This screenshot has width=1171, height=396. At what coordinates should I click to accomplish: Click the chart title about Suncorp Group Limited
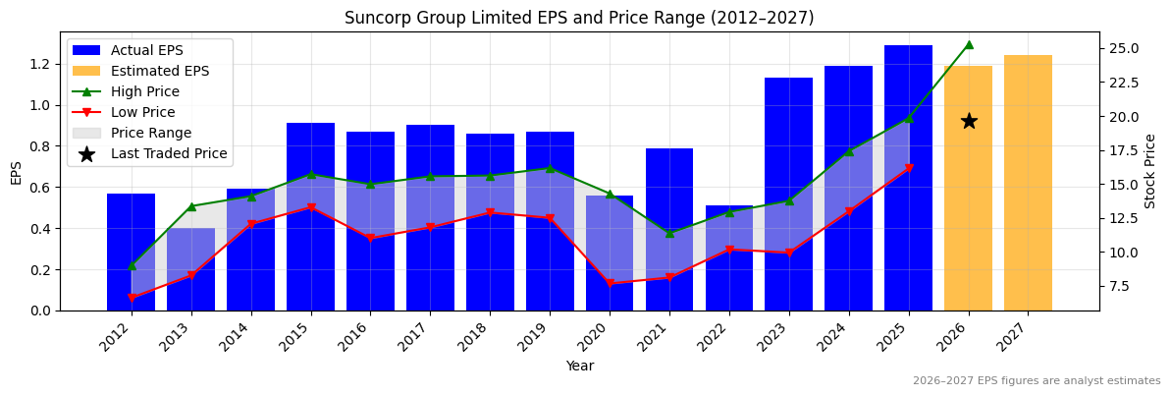click(578, 18)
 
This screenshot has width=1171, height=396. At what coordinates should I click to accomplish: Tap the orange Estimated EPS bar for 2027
click(1028, 183)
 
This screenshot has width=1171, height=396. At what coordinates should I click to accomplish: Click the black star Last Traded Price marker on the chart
click(969, 121)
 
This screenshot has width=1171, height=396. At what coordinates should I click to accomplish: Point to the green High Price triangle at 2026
click(969, 44)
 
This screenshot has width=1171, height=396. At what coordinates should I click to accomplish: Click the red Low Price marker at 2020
click(610, 283)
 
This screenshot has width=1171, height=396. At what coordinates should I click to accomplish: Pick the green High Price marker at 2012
click(132, 265)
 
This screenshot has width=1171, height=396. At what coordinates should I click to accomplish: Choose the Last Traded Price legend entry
click(168, 153)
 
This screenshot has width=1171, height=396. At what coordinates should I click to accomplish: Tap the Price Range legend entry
click(150, 133)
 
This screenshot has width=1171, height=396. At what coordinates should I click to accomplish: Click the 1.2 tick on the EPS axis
click(40, 64)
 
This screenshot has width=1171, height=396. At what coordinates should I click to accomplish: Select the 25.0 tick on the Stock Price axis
click(1123, 49)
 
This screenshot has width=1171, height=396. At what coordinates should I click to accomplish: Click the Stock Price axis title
click(1150, 171)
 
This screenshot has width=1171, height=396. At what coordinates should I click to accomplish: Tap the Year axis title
click(579, 366)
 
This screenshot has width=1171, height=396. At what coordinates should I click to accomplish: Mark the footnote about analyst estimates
click(1036, 381)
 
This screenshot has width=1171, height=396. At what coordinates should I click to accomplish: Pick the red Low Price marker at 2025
click(909, 169)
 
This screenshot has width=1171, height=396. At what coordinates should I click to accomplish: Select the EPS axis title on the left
click(16, 172)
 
